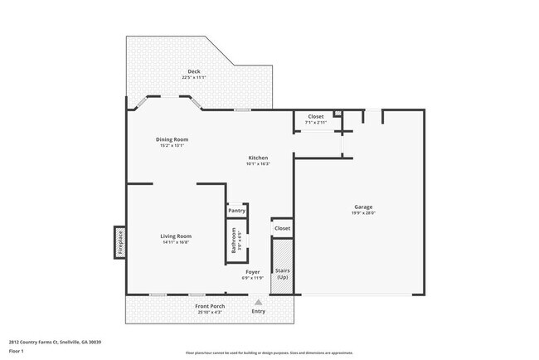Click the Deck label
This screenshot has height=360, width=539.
point(193,71)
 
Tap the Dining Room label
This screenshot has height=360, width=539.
point(172,139)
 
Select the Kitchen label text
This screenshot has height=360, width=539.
point(258,158)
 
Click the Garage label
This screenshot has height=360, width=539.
point(363,207)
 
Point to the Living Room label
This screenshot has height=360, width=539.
point(176,236)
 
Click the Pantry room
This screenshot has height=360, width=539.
point(236,211)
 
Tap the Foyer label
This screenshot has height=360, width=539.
point(252,272)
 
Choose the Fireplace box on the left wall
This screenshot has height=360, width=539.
point(119,242)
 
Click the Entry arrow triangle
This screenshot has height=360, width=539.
point(258,302)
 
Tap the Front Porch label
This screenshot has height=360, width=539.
point(210,306)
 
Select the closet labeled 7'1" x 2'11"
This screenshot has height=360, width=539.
point(315,119)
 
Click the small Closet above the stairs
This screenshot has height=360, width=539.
point(282,227)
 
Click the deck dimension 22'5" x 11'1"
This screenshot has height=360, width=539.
point(193,77)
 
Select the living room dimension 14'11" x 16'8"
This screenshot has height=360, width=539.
point(176,242)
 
